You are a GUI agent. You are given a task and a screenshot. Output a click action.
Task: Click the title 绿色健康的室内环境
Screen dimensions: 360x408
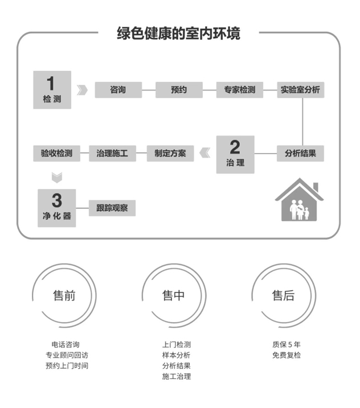pos(178,34)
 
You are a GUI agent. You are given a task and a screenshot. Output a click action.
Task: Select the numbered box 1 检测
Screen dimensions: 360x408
pos(52,90)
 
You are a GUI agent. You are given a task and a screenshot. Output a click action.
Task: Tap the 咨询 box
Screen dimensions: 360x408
pos(118,90)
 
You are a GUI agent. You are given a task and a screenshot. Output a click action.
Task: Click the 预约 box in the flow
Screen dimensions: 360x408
pos(179,90)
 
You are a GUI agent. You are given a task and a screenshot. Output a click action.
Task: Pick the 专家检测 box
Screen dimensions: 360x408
pos(240,90)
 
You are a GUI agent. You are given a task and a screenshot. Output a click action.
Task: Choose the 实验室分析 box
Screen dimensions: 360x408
pos(301,90)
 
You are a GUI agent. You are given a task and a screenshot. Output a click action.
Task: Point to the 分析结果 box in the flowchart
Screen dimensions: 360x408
pos(300,154)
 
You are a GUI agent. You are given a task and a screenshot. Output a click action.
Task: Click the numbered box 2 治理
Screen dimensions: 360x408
pos(235,155)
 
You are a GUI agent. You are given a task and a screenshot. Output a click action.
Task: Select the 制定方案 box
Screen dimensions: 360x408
pos(170,154)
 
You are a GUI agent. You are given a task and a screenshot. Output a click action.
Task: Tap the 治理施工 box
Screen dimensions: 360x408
pos(112,154)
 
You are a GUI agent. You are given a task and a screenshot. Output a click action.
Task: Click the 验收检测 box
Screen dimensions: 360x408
pos(56,154)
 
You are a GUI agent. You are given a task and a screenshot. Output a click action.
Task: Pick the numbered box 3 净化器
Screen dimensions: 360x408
pos(57,208)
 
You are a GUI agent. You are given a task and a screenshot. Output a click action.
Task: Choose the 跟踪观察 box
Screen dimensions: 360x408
pos(112,208)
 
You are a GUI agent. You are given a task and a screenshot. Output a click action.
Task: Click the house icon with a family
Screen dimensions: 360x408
pos(299,200)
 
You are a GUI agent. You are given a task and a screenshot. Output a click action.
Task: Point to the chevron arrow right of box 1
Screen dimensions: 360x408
pos(83,90)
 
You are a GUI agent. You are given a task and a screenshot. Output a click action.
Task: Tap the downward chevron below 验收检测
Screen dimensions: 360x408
pos(57,178)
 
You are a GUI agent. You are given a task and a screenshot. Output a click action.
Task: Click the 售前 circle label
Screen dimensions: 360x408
pos(64,296)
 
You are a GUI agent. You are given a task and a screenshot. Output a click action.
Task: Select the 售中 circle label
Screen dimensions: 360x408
pos(174,296)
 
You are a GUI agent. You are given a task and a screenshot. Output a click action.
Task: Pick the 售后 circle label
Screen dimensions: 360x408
pos(284,296)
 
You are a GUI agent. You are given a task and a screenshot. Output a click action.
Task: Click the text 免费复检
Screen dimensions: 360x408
pos(287,355)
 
